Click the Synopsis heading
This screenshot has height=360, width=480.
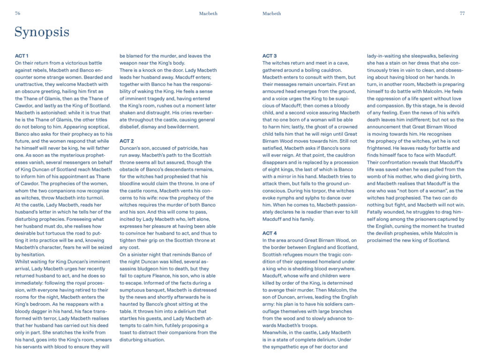pyautogui.click(x=42, y=32)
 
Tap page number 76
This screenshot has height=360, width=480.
pyautogui.click(x=17, y=14)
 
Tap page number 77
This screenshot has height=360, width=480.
pyautogui.click(x=462, y=14)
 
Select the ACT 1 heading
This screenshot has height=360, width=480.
pyautogui.click(x=22, y=56)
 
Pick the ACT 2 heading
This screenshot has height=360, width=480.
pyautogui.click(x=127, y=141)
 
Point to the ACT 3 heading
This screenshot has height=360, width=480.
pyautogui.click(x=270, y=56)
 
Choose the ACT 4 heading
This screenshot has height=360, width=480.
pyautogui.click(x=270, y=233)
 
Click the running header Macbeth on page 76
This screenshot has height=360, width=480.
pyautogui.click(x=208, y=14)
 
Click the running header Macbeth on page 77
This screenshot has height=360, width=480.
pyautogui.click(x=272, y=14)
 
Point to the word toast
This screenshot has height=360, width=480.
pyautogui.click(x=127, y=332)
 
